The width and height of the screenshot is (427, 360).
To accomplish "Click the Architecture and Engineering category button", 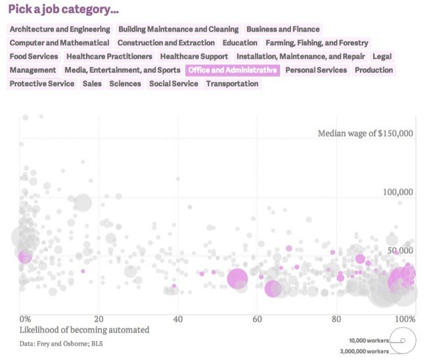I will click(x=60, y=29).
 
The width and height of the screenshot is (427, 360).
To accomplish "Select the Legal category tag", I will click(x=382, y=56).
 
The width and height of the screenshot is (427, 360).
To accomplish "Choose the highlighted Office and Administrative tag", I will click(x=233, y=70).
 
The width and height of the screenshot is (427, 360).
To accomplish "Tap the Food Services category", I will click(x=34, y=56).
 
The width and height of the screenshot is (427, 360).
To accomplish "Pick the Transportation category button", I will click(x=232, y=84).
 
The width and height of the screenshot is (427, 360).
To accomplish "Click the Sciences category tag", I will click(x=125, y=84).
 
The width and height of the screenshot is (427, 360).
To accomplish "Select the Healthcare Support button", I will click(x=194, y=56).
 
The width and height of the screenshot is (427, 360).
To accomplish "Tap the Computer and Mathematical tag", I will click(x=59, y=43).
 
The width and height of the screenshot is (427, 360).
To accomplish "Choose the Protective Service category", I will click(x=42, y=84).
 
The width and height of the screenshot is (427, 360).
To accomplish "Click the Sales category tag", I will click(x=92, y=84).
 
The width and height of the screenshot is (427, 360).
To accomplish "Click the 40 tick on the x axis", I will click(x=177, y=319).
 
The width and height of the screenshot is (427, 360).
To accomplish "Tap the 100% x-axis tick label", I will click(x=405, y=319).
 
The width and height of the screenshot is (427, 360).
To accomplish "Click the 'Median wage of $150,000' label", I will click(x=365, y=133).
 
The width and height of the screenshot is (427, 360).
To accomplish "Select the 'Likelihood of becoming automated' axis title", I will click(x=84, y=330).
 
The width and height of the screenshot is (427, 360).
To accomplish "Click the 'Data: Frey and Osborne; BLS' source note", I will click(x=61, y=343).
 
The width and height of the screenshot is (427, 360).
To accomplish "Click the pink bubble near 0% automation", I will click(x=25, y=256).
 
